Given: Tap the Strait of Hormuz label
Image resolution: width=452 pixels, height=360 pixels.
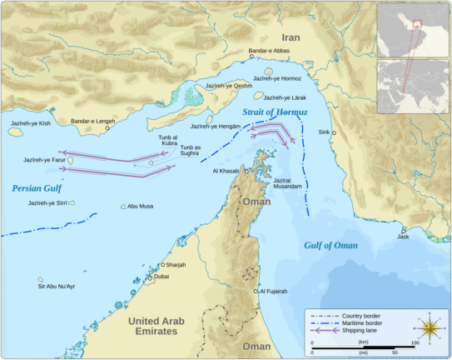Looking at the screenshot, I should click(275, 111).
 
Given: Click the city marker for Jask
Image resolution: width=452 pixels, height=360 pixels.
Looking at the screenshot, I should click(403, 231).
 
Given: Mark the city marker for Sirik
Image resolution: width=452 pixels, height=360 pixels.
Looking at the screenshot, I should click(335, 132).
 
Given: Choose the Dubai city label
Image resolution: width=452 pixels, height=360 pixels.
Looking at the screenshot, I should click(161, 276).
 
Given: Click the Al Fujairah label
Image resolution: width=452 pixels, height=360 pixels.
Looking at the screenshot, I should click(273, 292).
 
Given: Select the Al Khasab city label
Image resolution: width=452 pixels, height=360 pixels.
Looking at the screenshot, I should click(226, 171).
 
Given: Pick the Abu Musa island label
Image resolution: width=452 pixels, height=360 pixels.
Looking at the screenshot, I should click(140, 206).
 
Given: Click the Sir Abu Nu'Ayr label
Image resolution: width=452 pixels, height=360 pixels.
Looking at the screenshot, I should click(57, 286).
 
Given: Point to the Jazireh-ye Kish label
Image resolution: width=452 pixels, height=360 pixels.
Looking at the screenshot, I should click(31, 123).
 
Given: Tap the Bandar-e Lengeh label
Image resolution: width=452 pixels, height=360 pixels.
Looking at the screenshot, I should click(93, 122).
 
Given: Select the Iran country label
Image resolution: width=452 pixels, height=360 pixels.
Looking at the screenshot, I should click(290, 37).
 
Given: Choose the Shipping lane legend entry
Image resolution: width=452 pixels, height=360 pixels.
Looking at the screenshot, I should click(359, 331).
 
